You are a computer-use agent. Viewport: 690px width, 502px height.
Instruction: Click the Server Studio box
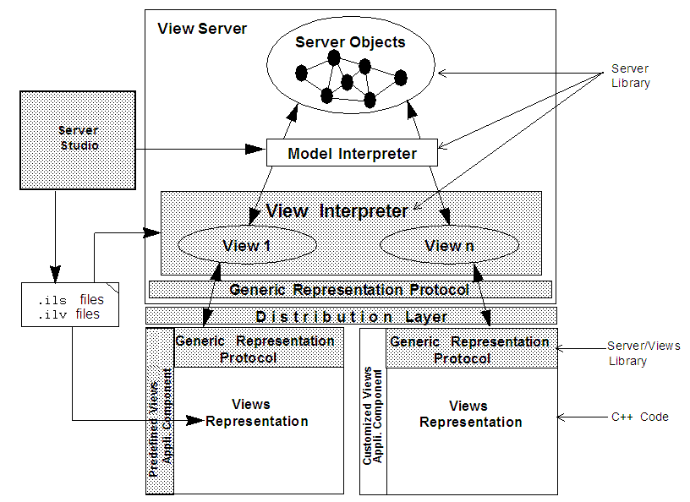pos(78,139)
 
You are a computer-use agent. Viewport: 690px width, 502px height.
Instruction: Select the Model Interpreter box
pos(352,153)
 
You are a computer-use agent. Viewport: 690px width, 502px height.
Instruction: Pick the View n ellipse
pos(449,246)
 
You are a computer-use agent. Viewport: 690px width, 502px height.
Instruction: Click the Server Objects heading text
pos(350,42)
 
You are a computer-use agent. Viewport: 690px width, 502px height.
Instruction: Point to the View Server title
pos(202,29)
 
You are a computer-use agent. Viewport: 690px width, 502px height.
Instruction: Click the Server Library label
pos(631,75)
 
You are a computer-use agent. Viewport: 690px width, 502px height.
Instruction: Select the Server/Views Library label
pos(643,353)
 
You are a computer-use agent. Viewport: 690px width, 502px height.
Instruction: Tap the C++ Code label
pos(639,417)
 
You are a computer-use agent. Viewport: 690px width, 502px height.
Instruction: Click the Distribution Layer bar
pos(350,316)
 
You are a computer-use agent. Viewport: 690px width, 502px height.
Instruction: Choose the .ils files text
pos(70,299)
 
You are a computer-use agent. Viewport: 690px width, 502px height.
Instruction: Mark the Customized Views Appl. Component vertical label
pos(373,415)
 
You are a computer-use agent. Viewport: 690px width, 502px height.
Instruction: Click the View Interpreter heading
pos(337,211)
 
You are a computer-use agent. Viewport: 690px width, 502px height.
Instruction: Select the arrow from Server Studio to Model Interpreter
pos(199,150)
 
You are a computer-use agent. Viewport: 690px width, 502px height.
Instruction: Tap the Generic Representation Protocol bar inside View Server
pos(349,290)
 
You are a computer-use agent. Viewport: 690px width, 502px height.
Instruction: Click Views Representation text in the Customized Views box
pos(470,414)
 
